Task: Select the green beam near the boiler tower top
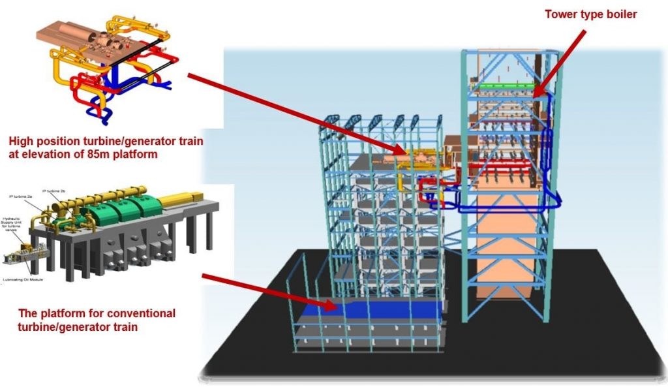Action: [506, 85]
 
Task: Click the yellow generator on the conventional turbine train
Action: [180, 196]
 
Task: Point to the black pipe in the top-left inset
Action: [145, 55]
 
